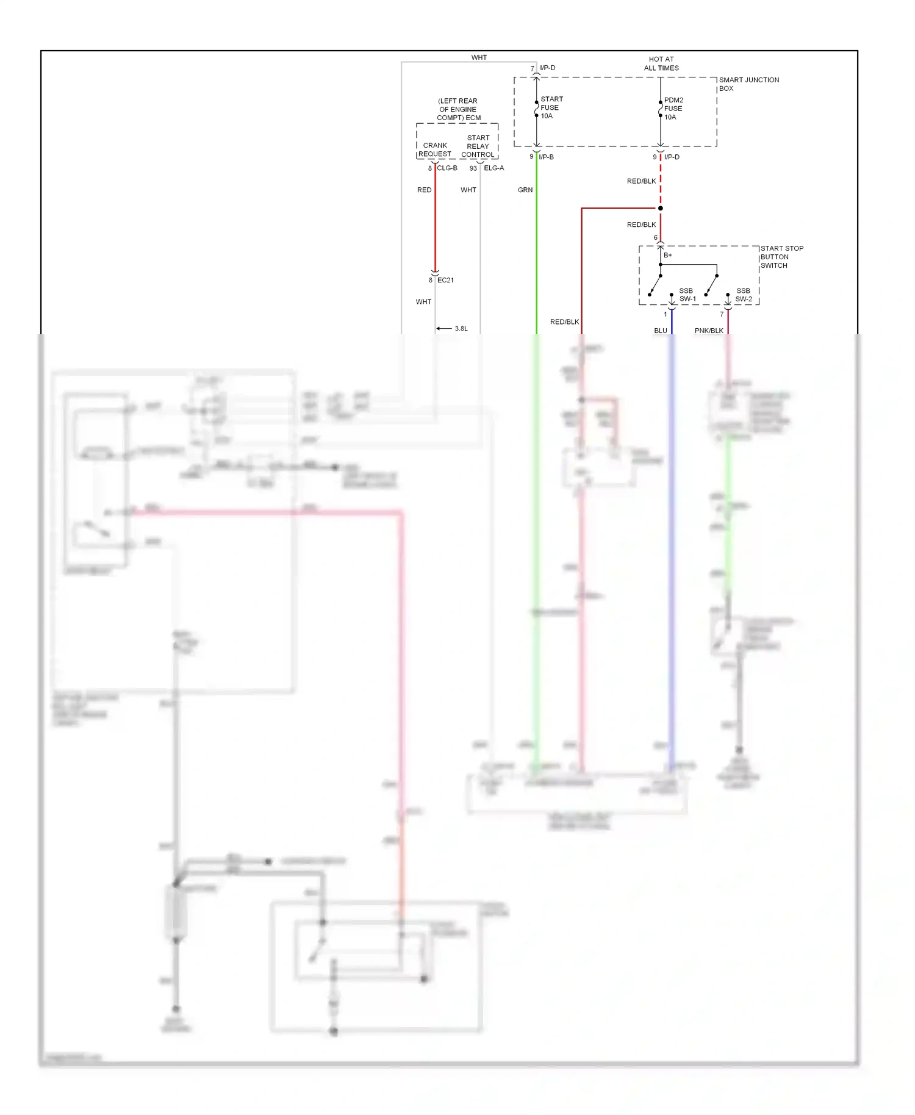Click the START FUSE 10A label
point(551,107)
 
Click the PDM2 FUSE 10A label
point(673,109)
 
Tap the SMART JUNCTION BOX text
point(748,84)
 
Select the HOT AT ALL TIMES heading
point(661,63)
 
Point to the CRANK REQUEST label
point(435,150)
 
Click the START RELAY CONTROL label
point(478,146)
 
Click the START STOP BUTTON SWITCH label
point(781,257)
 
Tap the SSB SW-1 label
point(687,295)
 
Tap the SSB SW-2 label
point(744,295)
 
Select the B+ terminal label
point(668,256)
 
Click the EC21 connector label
point(445,280)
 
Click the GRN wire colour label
point(525,190)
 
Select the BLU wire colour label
point(661,331)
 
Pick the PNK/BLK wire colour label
point(709,331)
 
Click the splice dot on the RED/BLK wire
point(661,209)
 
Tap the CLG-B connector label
point(447,168)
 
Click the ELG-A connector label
point(494,168)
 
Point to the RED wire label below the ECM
point(425,190)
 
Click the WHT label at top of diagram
point(479,57)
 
